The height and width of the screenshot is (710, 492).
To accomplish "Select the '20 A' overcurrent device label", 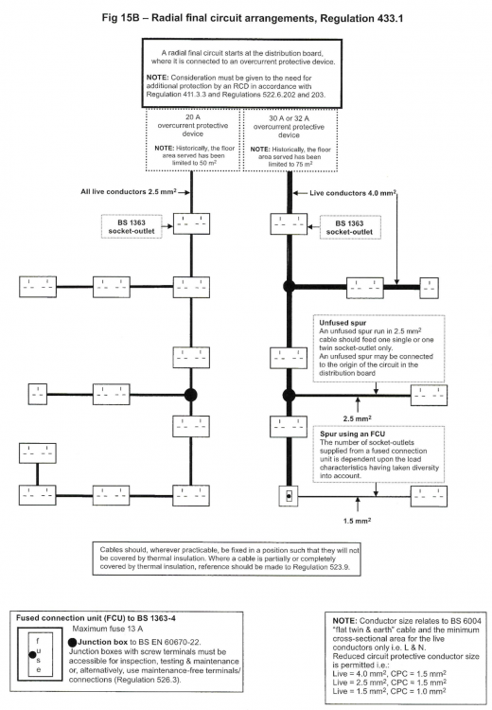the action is pos(193,116).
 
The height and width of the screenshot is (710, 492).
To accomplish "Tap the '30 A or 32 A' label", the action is pos(290,118).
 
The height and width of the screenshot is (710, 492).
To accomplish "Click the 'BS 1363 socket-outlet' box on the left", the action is pos(132,227).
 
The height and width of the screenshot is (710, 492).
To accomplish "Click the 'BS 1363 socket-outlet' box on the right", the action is pos(350,228).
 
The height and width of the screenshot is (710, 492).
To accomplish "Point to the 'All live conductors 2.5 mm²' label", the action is pos(129,191).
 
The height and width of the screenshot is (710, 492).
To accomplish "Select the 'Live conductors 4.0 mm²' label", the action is pos(353,193).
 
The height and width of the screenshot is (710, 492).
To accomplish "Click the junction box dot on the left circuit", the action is pos(190,395).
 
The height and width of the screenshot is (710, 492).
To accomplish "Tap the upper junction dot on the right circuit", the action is pos(290,286).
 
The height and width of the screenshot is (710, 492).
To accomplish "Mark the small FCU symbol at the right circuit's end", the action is pos(289,496).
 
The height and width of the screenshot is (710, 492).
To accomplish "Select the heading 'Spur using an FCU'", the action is pos(353,434).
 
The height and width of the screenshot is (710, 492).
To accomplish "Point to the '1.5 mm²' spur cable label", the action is pos(357,521).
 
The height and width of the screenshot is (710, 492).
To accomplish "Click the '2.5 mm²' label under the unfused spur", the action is pos(357,418).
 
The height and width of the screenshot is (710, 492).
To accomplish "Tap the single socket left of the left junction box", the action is pos(38,394).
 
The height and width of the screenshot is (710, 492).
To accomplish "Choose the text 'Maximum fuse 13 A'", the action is pos(108,629).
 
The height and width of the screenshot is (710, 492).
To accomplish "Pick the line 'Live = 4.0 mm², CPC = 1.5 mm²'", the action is pos(389,674).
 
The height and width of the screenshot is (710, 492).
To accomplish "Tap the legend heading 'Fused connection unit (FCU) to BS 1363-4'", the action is pos(96,617).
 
